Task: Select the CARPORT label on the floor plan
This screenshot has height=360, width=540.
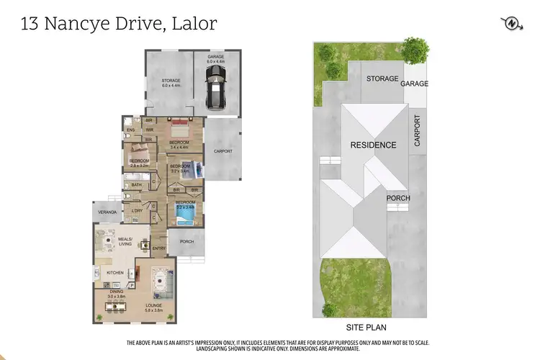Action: (223, 151)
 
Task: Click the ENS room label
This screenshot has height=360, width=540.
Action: (131, 130)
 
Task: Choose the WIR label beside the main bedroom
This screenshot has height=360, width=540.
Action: (150, 130)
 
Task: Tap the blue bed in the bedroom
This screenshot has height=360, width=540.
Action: (186, 213)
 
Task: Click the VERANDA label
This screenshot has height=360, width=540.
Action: (107, 212)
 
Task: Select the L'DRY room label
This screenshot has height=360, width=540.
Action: (137, 210)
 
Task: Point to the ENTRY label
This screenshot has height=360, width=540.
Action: (159, 248)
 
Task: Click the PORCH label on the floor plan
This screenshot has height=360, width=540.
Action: (186, 241)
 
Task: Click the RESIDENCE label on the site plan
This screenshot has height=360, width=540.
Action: (373, 145)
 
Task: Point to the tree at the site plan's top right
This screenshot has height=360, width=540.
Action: (415, 50)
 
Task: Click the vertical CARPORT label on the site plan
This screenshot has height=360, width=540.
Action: (417, 131)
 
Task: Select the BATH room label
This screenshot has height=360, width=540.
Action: (137, 184)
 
